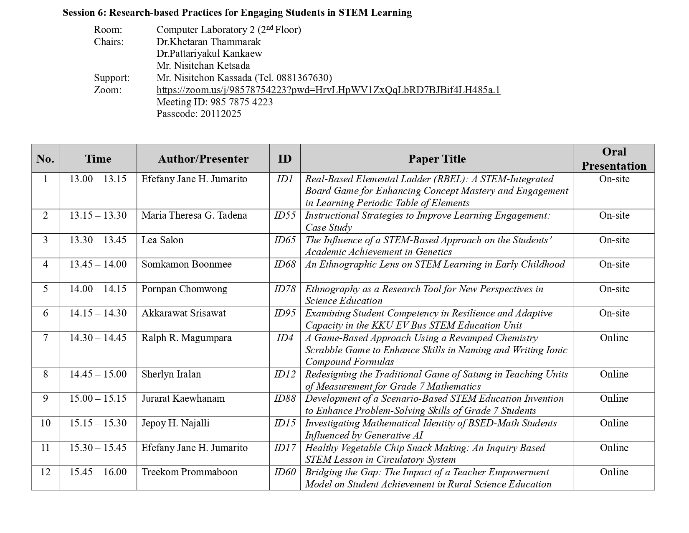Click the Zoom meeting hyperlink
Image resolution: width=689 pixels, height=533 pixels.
(328, 90)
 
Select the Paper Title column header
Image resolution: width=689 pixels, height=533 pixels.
(437, 159)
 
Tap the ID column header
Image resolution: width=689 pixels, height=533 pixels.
(285, 159)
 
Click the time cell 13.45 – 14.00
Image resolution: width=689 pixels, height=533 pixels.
(98, 264)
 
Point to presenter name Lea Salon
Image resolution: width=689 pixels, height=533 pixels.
(162, 240)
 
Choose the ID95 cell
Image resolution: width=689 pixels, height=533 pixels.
(285, 313)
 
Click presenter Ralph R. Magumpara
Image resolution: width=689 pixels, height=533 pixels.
(186, 338)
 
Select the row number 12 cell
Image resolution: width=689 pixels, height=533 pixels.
(45, 472)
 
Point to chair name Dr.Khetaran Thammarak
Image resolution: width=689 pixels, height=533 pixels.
(208, 42)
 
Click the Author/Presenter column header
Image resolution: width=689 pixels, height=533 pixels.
(203, 159)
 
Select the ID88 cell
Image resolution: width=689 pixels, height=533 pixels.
(285, 398)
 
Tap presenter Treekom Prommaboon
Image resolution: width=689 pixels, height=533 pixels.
(190, 472)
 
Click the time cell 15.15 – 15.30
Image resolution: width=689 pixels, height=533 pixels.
(98, 423)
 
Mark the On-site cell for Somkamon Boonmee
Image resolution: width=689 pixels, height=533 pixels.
(614, 264)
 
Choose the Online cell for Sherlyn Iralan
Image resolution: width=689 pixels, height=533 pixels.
(614, 374)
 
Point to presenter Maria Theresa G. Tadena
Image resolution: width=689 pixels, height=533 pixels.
(194, 215)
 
